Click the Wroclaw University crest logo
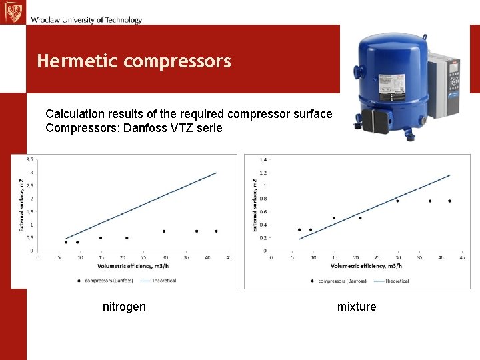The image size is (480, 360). pyautogui.click(x=12, y=12)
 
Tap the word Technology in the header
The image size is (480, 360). pyautogui.click(x=120, y=20)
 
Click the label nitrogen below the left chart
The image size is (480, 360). pyautogui.click(x=124, y=307)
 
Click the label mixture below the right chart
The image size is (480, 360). pyautogui.click(x=357, y=307)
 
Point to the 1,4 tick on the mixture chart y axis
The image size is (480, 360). pyautogui.click(x=263, y=160)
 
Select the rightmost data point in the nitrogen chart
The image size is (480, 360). pyautogui.click(x=216, y=231)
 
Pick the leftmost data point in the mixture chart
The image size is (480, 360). pyautogui.click(x=299, y=229)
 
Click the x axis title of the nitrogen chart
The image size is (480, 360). pyautogui.click(x=133, y=266)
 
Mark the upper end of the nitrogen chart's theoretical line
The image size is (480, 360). pyautogui.click(x=217, y=173)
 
